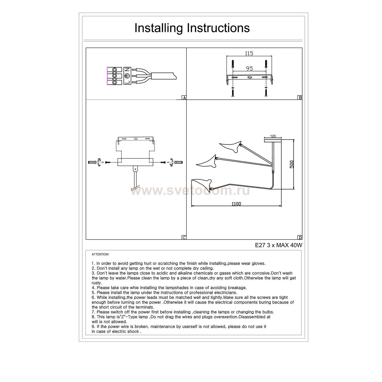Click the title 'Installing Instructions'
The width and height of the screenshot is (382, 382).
point(192,28)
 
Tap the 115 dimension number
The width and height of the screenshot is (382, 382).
point(249,53)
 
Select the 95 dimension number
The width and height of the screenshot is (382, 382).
point(250,69)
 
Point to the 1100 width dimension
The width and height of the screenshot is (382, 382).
point(236,204)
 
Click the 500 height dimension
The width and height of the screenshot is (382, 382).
point(292,164)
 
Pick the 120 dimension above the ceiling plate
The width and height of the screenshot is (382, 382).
point(273,137)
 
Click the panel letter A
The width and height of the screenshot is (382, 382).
point(184,98)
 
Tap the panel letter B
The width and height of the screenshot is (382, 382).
point(300,98)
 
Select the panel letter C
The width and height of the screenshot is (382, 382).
point(184,238)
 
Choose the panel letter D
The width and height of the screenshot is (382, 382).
point(300,238)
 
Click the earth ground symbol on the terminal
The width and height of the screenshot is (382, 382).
point(127,76)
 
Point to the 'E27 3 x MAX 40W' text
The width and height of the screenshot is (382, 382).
point(279,245)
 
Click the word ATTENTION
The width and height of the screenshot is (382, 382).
point(100,254)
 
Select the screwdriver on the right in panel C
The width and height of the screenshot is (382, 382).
point(179,162)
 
